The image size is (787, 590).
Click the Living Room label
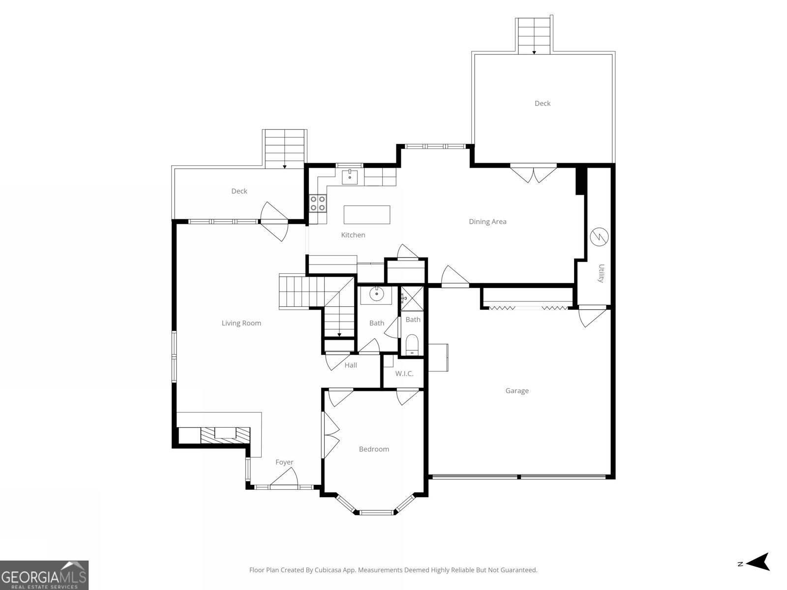pyautogui.click(x=241, y=323)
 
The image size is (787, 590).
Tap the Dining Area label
pyautogui.click(x=487, y=222)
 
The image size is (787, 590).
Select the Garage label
pyautogui.click(x=517, y=391)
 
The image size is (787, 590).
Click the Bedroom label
pyautogui.click(x=374, y=449)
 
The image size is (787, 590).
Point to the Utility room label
pyautogui.click(x=601, y=273)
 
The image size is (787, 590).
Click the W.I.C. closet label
pyautogui.click(x=404, y=374)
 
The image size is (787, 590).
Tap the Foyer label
pyautogui.click(x=284, y=462)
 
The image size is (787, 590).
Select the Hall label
pyautogui.click(x=351, y=365)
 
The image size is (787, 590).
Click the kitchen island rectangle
pyautogui.click(x=366, y=215)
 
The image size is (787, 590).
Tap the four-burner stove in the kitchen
pyautogui.click(x=318, y=203)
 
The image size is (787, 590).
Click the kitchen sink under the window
pyautogui.click(x=350, y=176)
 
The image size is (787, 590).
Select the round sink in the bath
pyautogui.click(x=376, y=295)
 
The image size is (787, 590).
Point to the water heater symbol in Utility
pyautogui.click(x=599, y=237)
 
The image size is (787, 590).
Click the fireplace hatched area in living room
pyautogui.click(x=225, y=434)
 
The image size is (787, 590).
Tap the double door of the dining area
pyautogui.click(x=533, y=174)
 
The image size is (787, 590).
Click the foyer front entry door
pyautogui.click(x=284, y=478)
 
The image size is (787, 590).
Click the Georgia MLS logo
pyautogui.click(x=44, y=575)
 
